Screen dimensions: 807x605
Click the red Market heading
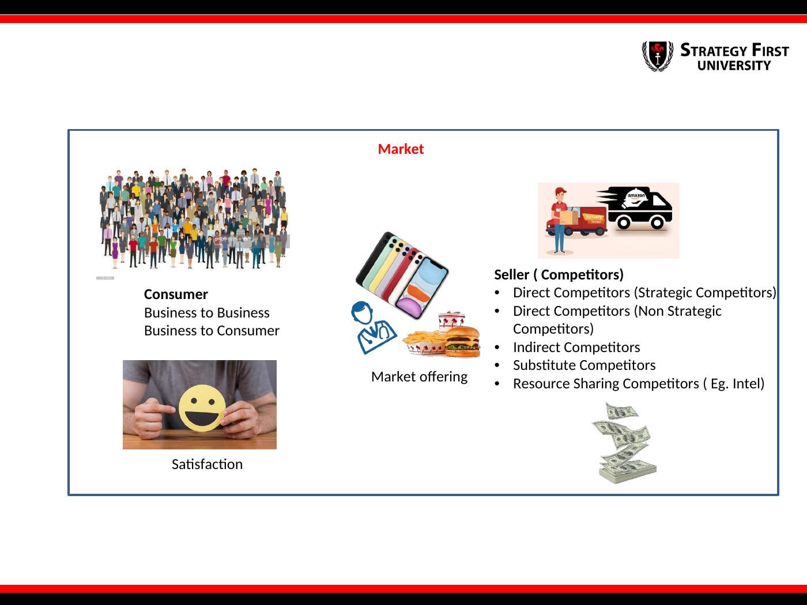[x=401, y=149]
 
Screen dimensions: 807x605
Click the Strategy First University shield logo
[x=658, y=56]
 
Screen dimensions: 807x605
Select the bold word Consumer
[x=176, y=294]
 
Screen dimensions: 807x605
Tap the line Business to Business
[x=206, y=313]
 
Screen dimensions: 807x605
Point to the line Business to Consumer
[x=212, y=331]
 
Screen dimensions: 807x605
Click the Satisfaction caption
[x=207, y=464]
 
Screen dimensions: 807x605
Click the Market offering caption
[x=419, y=377]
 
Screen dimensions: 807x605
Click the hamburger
[x=462, y=342]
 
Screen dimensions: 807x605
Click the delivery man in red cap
[x=559, y=221]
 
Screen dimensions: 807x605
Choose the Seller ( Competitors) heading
[x=559, y=275]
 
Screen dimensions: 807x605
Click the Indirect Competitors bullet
[x=576, y=347]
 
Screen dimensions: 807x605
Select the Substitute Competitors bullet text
[x=584, y=365]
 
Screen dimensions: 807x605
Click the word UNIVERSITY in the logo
[x=734, y=66]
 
